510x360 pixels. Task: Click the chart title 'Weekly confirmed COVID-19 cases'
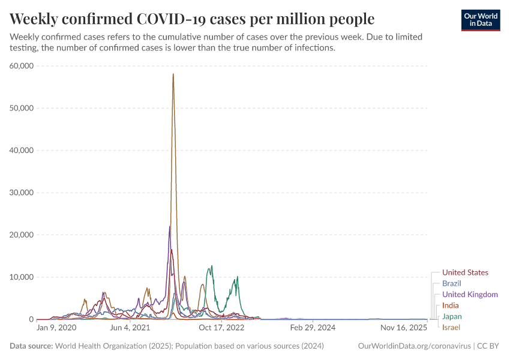click(x=192, y=18)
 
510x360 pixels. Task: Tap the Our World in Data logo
click(x=481, y=20)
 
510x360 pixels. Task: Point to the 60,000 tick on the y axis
click(x=23, y=66)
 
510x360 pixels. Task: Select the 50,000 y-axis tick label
click(x=23, y=108)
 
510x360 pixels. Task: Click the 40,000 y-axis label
click(x=23, y=150)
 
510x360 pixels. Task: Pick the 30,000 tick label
click(x=23, y=193)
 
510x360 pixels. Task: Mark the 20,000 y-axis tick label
click(x=23, y=235)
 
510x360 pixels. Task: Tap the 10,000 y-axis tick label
click(x=23, y=277)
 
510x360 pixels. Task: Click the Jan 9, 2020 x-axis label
click(x=56, y=328)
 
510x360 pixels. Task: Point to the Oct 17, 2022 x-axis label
click(x=222, y=328)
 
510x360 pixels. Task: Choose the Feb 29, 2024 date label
click(x=312, y=328)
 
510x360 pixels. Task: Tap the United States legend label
click(x=465, y=272)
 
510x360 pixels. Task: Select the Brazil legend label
click(x=451, y=283)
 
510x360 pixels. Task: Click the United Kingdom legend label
click(x=470, y=295)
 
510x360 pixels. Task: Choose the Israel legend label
click(x=451, y=327)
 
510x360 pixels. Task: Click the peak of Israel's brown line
click(x=173, y=74)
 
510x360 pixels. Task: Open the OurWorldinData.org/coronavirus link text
click(x=414, y=346)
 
